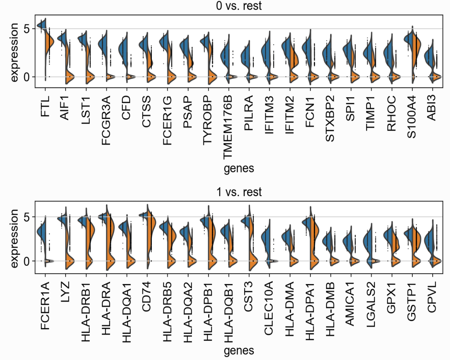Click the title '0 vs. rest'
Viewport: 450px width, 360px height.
pos(239,6)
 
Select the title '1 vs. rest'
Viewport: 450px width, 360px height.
pos(239,192)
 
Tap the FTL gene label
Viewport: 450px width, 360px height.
pos(45,106)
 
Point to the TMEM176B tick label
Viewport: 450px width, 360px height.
pos(228,127)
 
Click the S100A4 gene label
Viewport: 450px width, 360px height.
pos(411,117)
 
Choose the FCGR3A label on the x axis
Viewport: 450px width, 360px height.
pos(106,120)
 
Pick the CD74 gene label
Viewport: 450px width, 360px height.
pos(146,297)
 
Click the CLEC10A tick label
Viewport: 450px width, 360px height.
pos(269,308)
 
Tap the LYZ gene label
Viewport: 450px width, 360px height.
pos(65,292)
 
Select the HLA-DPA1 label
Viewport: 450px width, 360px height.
pos(309,311)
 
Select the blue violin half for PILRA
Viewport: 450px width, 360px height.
pos(246,56)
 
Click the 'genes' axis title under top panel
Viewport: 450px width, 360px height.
pos(239,168)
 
